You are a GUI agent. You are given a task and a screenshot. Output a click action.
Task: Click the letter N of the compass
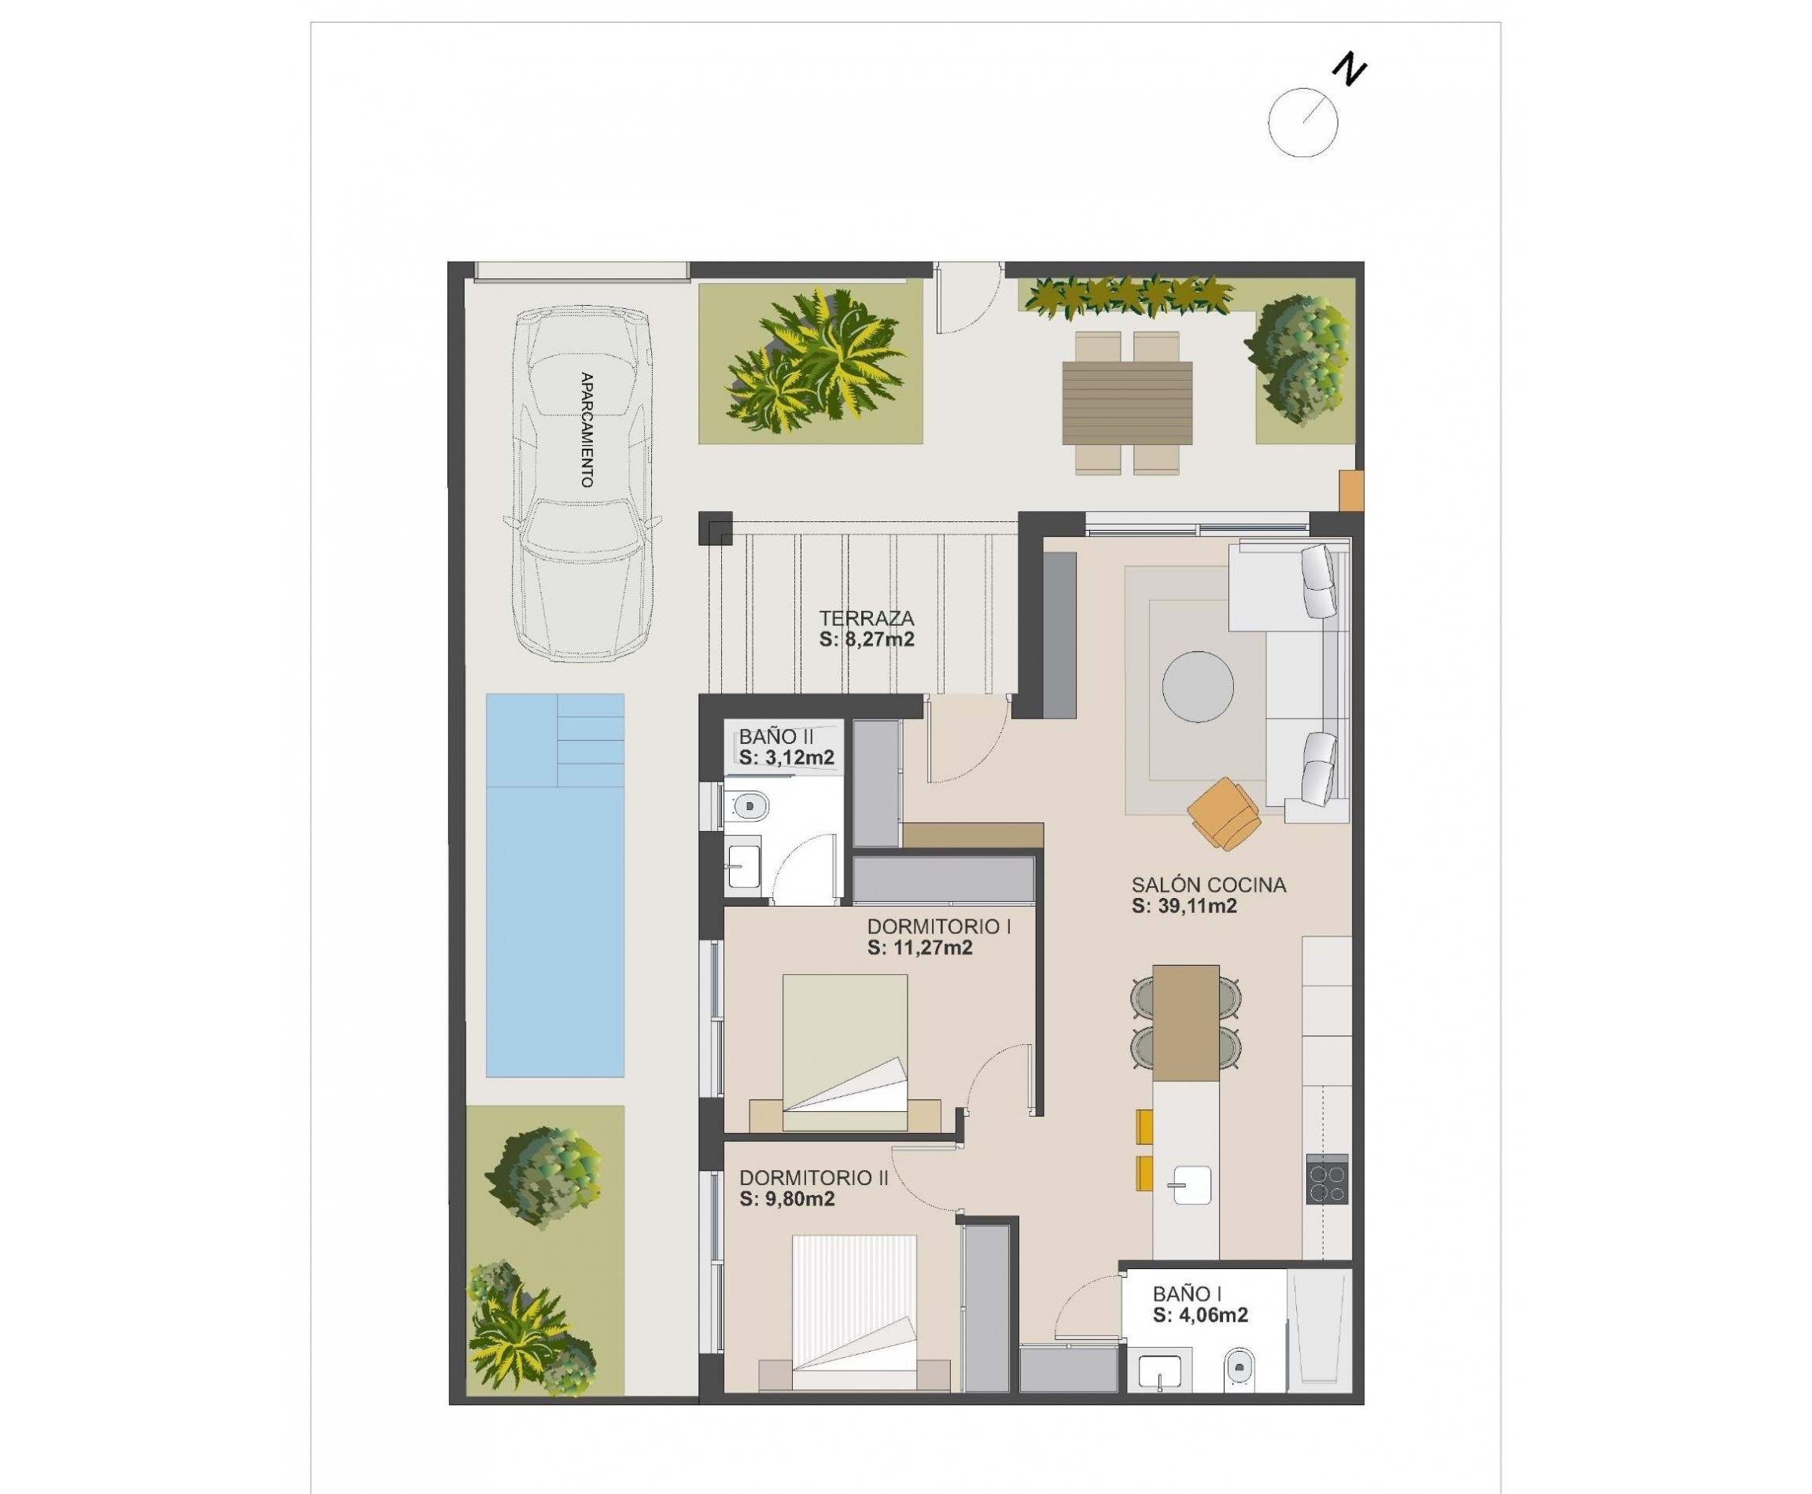click(1349, 70)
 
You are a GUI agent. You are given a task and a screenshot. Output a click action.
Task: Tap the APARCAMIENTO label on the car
click(587, 429)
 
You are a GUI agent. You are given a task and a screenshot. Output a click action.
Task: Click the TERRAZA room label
click(866, 618)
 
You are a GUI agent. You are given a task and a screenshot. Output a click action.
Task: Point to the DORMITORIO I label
click(938, 927)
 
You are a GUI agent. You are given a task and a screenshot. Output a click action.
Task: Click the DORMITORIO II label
click(812, 1177)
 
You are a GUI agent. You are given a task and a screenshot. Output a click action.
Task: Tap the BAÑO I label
click(1187, 1293)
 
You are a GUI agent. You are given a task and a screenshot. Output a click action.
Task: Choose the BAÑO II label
click(775, 737)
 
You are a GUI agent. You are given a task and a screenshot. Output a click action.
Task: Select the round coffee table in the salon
click(1198, 686)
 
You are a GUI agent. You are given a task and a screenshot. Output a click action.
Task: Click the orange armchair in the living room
click(1225, 811)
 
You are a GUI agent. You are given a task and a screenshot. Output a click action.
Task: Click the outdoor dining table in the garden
click(1127, 403)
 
